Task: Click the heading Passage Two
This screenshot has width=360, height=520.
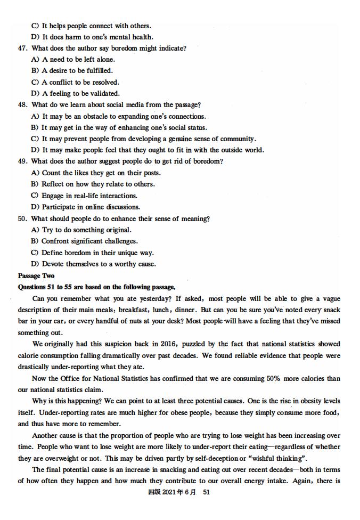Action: click(x=36, y=276)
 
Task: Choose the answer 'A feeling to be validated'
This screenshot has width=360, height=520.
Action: click(x=80, y=94)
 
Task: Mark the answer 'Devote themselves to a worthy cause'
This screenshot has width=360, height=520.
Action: click(x=99, y=264)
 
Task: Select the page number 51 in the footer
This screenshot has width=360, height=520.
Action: click(x=207, y=493)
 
